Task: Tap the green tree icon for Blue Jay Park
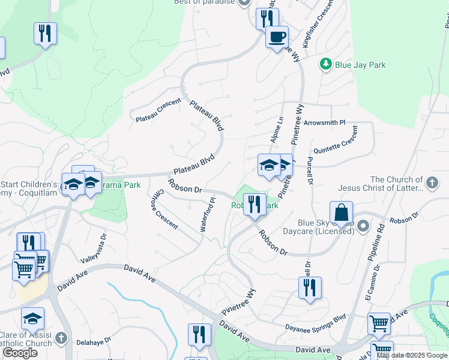(326, 64)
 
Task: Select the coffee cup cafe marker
(277, 38)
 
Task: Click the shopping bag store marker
(341, 214)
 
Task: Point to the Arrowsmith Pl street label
(325, 122)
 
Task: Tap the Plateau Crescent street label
(158, 109)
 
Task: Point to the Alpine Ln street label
(279, 130)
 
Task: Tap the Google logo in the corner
(20, 353)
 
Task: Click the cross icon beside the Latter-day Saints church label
(431, 182)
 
